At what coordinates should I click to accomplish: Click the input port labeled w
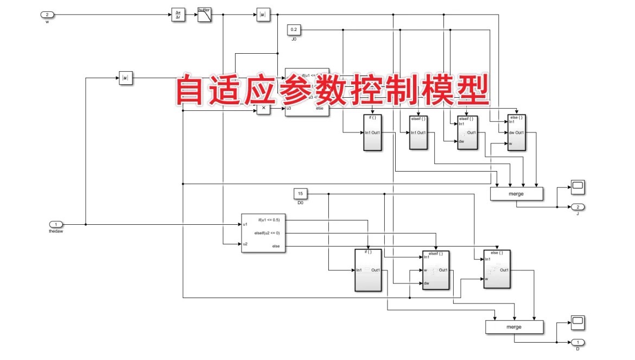click(x=47, y=14)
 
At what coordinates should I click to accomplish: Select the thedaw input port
click(x=56, y=224)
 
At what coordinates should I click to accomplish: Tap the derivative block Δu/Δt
click(x=177, y=15)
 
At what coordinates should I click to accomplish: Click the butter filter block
click(x=204, y=15)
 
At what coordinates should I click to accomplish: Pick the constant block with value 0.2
click(x=294, y=29)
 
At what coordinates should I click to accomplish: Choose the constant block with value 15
click(x=301, y=193)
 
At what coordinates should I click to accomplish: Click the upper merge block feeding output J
click(x=516, y=194)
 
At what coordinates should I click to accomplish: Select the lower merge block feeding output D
click(x=513, y=327)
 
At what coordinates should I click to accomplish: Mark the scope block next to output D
click(x=577, y=321)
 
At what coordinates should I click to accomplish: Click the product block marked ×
click(x=264, y=109)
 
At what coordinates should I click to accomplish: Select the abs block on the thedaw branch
click(x=126, y=78)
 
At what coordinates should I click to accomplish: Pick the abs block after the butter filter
click(x=263, y=15)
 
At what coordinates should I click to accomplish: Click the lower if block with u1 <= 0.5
click(x=264, y=233)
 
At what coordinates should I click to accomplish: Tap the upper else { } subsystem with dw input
click(x=517, y=132)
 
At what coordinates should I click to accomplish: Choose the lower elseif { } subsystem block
click(x=436, y=270)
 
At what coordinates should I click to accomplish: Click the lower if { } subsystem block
click(x=369, y=270)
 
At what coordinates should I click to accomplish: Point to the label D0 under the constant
click(x=300, y=203)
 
